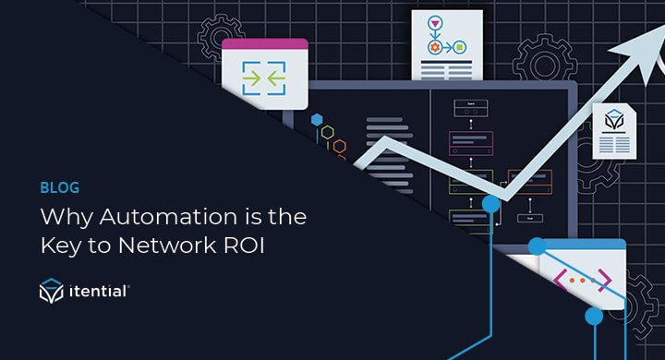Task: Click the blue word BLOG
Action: click(60, 187)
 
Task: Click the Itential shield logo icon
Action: click(51, 292)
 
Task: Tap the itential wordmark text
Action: click(99, 292)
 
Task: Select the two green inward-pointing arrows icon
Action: click(263, 78)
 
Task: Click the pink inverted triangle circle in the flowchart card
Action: click(433, 23)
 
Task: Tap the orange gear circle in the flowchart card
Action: click(433, 47)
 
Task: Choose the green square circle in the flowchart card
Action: click(459, 47)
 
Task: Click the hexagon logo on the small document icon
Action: click(614, 121)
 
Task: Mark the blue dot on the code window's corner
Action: click(536, 246)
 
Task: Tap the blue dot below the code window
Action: click(594, 317)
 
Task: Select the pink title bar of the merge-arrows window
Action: click(264, 43)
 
